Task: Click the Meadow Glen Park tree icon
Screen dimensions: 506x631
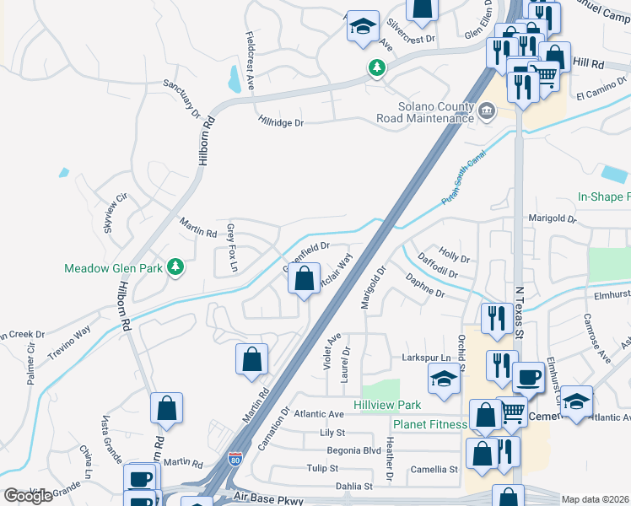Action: click(x=175, y=267)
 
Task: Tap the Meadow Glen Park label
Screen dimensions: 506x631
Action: click(x=113, y=269)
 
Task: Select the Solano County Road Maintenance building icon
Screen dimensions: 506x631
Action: click(x=487, y=111)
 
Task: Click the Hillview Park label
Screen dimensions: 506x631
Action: click(x=386, y=406)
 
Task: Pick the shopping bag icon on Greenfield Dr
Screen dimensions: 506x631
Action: click(x=304, y=277)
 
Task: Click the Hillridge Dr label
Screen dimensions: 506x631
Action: click(x=281, y=122)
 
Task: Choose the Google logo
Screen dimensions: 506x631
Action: click(x=28, y=496)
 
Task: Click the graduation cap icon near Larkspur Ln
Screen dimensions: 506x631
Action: click(x=444, y=379)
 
